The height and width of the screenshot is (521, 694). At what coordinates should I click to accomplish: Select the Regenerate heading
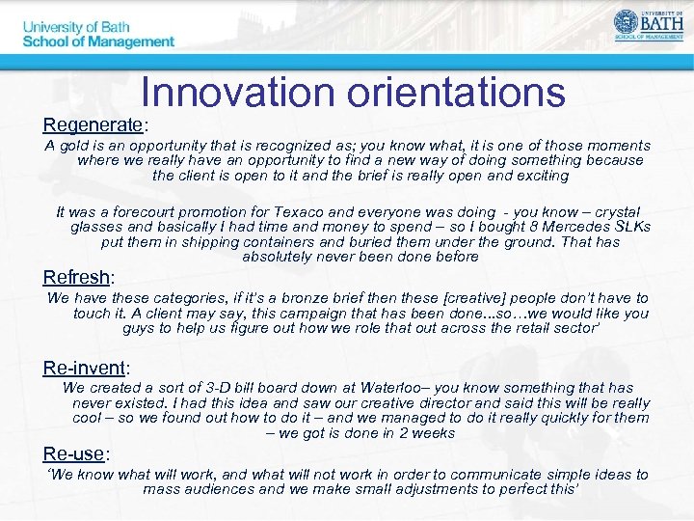coord(93,125)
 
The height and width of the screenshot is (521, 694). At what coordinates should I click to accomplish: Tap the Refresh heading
coord(76,278)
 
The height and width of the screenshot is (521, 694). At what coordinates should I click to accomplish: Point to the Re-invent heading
coord(85,368)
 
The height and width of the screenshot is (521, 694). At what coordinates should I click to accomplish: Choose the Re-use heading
coord(74,453)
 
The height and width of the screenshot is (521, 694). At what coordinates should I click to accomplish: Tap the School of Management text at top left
coord(98,41)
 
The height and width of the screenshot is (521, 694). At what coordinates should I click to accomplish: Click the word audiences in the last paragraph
coord(222,489)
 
